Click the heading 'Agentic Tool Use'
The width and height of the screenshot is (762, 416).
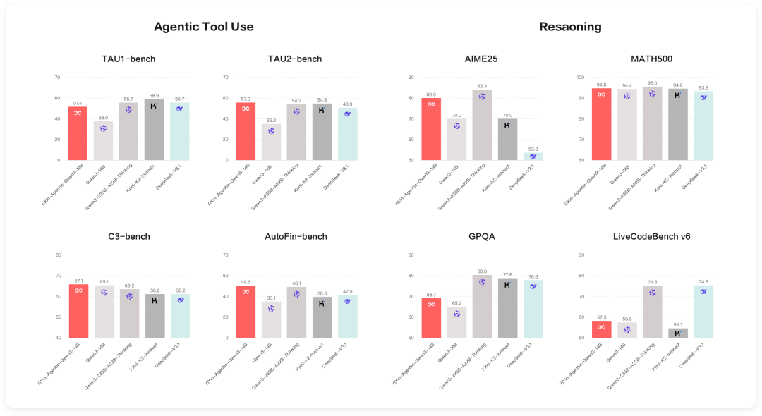(204, 27)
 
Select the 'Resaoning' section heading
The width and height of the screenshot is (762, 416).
(570, 27)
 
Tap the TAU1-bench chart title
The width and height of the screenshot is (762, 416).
(128, 59)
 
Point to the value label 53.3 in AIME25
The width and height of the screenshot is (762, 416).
(533, 149)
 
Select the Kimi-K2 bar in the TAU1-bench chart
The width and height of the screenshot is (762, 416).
(154, 130)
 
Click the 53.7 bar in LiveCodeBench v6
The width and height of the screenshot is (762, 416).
(677, 333)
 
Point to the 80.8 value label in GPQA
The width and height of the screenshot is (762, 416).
(483, 271)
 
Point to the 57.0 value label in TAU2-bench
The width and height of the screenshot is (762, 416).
(245, 99)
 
